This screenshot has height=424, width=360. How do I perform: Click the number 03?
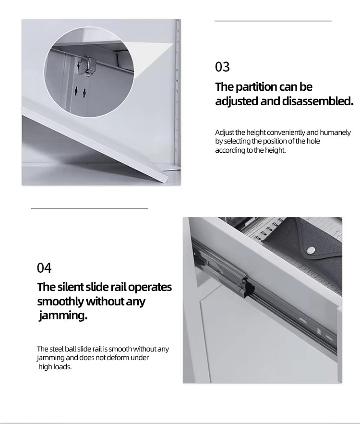[x=222, y=67]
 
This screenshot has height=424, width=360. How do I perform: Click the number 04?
[x=44, y=268]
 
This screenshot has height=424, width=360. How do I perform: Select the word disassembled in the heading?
[x=318, y=101]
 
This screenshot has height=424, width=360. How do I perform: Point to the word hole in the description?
[x=313, y=141]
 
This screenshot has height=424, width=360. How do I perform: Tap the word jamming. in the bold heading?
[x=63, y=315]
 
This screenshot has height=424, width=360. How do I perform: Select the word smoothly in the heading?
[x=60, y=302]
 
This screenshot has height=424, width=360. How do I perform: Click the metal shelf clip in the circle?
[x=87, y=66]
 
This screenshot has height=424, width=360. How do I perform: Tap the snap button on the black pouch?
[x=311, y=250]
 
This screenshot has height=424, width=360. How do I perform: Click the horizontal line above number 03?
[x=273, y=21]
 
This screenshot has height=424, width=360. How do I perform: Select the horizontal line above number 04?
[x=89, y=208]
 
